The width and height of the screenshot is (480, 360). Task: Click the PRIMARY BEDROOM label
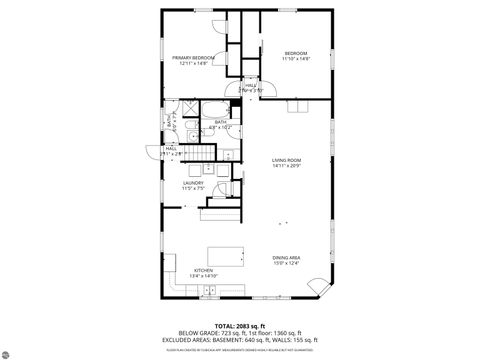[192, 58]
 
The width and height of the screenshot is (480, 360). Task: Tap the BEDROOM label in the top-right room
[295, 52]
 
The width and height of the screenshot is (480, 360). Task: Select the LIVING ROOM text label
[288, 159]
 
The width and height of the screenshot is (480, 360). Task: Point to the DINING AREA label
[287, 258]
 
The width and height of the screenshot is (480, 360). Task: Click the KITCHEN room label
[203, 269]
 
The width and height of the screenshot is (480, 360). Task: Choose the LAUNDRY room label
[193, 182]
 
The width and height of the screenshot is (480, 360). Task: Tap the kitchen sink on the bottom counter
[208, 291]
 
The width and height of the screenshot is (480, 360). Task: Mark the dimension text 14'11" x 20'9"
[288, 165]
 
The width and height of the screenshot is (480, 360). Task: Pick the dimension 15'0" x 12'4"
[287, 264]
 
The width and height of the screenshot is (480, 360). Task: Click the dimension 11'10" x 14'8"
[295, 59]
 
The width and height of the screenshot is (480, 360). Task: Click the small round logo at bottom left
[14, 352]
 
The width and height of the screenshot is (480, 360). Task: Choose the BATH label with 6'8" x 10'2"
[220, 124]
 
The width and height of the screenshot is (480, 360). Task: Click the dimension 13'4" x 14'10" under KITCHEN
[203, 275]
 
